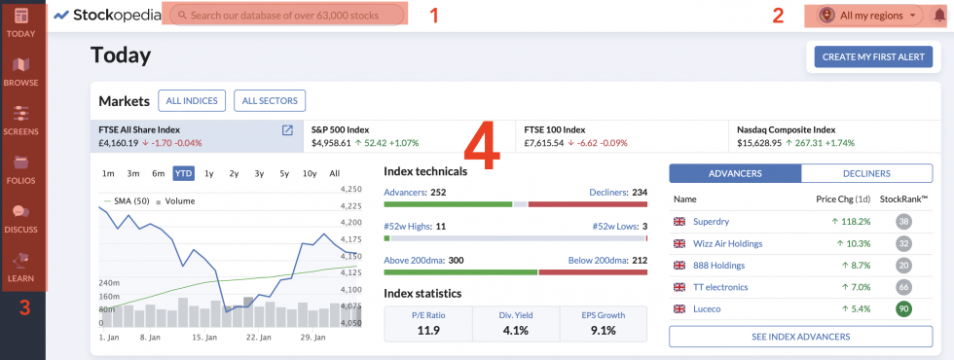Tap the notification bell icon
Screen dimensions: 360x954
click(938, 16)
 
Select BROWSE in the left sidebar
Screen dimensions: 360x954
click(21, 71)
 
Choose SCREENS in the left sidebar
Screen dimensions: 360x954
click(21, 120)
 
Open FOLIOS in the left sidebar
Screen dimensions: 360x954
click(21, 168)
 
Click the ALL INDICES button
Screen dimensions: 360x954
click(192, 100)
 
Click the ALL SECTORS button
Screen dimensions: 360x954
click(270, 100)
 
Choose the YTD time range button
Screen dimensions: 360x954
click(183, 173)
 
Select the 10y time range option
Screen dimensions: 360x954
click(310, 173)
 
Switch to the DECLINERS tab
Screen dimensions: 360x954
click(866, 173)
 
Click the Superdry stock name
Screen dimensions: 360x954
click(711, 222)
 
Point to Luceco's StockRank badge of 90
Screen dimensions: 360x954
click(904, 309)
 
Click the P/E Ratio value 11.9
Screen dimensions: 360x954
click(427, 330)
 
